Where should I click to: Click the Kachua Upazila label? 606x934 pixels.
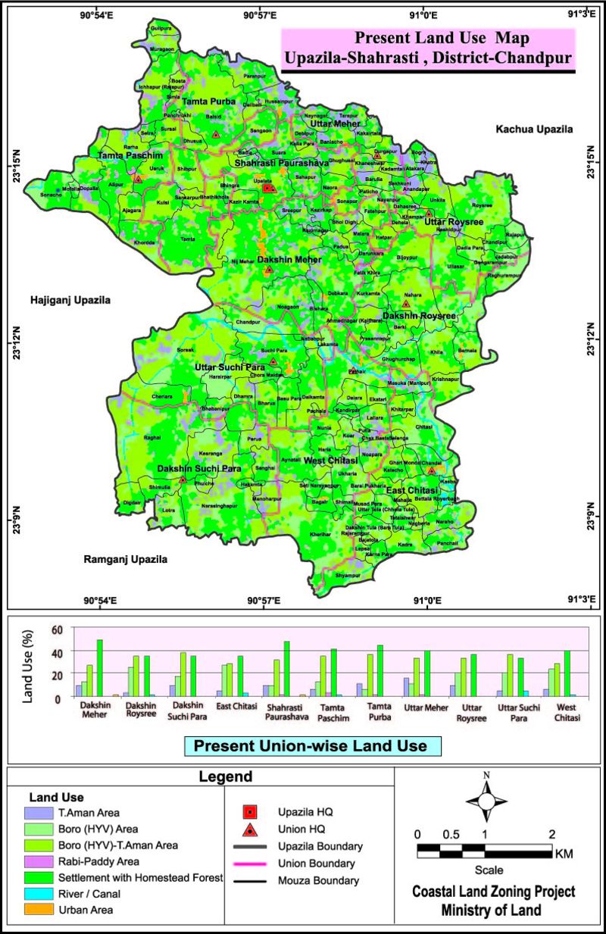point(534,130)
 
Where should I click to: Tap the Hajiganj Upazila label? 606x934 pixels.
point(70,300)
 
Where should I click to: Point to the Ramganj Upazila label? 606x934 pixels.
point(125,560)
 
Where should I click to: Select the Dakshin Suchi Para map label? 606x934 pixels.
point(195,469)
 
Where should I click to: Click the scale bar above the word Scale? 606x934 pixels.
point(485,851)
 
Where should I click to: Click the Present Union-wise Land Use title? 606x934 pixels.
point(311,745)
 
